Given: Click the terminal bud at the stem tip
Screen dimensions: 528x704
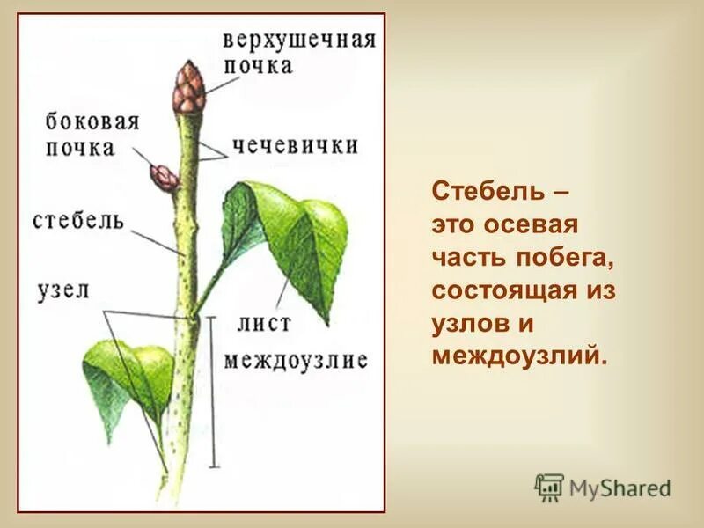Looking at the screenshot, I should tap(187, 88).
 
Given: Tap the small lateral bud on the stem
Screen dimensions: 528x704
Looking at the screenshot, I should tap(165, 177).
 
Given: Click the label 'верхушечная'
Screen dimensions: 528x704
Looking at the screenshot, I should tap(298, 40).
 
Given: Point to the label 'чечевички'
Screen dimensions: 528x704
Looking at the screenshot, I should tap(295, 144).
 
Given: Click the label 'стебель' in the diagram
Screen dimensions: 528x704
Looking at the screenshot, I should tap(78, 219).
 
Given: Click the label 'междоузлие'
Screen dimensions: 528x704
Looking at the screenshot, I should tap(295, 360).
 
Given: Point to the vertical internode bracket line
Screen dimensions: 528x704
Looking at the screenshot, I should tap(211, 392).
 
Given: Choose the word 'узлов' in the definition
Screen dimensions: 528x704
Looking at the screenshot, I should tap(472, 323).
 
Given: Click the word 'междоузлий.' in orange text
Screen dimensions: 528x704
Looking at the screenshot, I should tap(519, 356).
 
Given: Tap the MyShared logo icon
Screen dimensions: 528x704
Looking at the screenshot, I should tap(549, 487).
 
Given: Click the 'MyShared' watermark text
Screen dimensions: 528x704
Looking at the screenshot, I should tap(620, 488).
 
